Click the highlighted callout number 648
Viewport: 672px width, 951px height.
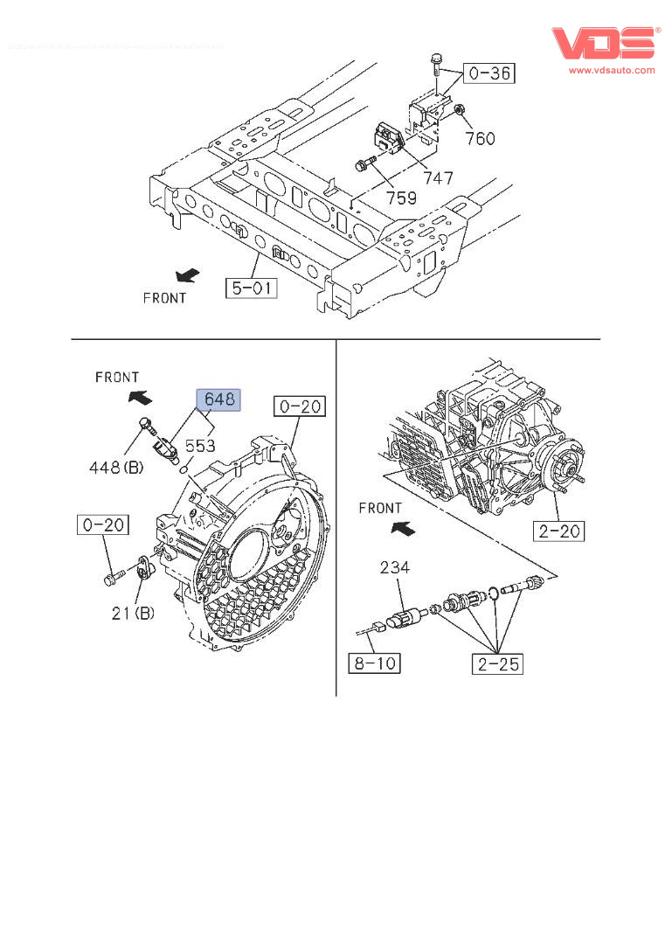point(219,399)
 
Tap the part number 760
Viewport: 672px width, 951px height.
point(480,138)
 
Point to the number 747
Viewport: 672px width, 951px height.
point(438,178)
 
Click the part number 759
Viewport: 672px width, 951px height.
point(402,198)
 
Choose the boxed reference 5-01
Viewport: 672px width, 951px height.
point(251,287)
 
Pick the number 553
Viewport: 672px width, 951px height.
point(200,446)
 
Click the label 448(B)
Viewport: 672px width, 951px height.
point(115,467)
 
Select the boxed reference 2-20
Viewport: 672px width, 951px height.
point(559,531)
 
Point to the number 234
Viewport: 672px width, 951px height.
point(394,568)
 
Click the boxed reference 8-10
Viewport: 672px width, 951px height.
point(375,663)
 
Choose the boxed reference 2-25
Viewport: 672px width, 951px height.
point(498,663)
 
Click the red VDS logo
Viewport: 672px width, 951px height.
point(604,44)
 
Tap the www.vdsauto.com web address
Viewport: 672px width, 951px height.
point(611,70)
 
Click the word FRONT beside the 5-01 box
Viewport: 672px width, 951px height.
point(164,298)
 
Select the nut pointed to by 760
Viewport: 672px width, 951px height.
point(460,110)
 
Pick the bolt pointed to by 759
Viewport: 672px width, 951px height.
point(364,163)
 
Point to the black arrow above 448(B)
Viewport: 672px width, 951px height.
point(139,398)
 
